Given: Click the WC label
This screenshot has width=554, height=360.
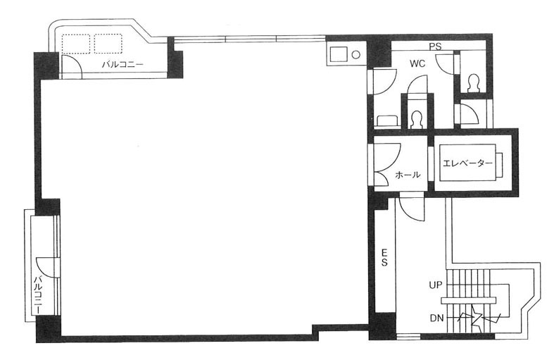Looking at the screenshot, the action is (x=417, y=64).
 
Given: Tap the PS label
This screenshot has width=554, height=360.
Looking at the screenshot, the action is (x=435, y=46).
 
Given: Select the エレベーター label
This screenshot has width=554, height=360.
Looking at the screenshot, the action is (x=467, y=163).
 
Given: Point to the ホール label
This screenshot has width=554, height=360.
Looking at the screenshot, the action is (x=408, y=174).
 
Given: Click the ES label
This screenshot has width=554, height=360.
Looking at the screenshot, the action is (x=384, y=257).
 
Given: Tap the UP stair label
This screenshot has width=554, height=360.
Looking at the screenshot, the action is (x=435, y=285).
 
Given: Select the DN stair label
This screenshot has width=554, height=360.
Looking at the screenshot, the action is (x=436, y=318).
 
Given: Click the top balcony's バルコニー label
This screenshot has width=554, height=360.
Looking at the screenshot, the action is (x=122, y=65).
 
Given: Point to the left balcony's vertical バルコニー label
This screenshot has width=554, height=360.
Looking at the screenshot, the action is (x=38, y=294).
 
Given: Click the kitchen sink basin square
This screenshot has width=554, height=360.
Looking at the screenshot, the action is (x=339, y=55).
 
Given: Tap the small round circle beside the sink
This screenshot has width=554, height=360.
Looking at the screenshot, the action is (x=356, y=55).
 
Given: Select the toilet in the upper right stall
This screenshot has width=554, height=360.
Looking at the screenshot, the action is (x=473, y=84).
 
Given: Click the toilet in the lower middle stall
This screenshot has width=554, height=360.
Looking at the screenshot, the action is (x=417, y=120).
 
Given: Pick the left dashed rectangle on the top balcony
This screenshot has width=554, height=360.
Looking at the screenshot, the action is (x=76, y=44).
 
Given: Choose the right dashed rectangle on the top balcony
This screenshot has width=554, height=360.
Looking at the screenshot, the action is (x=108, y=44).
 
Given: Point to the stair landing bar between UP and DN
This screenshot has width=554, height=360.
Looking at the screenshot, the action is (x=468, y=300).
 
